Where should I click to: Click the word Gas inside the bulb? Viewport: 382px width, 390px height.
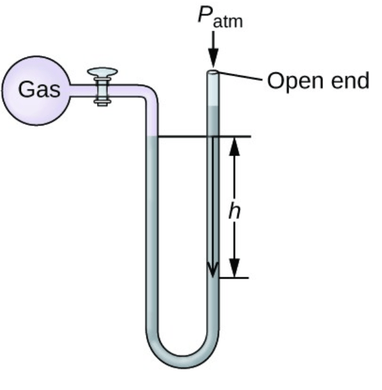pos(39,89)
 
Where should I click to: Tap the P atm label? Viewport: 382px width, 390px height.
pos(220,17)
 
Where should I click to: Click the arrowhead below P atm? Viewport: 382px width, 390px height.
pos(213,58)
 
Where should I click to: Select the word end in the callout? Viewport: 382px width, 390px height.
pos(350,80)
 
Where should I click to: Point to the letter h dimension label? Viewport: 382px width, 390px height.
pos(235,210)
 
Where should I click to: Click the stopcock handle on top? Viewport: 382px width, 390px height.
pos(102,72)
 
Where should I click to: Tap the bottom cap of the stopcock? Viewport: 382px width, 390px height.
pos(102,102)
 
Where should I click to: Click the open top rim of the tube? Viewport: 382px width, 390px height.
pos(213,72)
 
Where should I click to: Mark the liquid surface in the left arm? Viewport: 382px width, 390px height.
pos(152,136)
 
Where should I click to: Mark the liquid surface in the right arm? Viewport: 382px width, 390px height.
pos(213,106)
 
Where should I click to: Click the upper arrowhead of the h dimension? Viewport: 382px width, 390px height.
pos(234,147)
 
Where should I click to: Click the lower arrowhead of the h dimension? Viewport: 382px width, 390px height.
pos(234,268)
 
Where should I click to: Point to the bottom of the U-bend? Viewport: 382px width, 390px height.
pos(182,362)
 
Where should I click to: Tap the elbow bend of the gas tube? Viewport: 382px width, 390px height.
pos(150,93)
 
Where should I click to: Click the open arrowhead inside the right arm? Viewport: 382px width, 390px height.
pos(213,270)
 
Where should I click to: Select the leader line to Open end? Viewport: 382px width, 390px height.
pos(240,76)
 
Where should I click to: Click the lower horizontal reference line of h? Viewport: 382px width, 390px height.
pos(234,277)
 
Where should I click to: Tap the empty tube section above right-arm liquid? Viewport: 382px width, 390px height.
pos(213,90)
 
